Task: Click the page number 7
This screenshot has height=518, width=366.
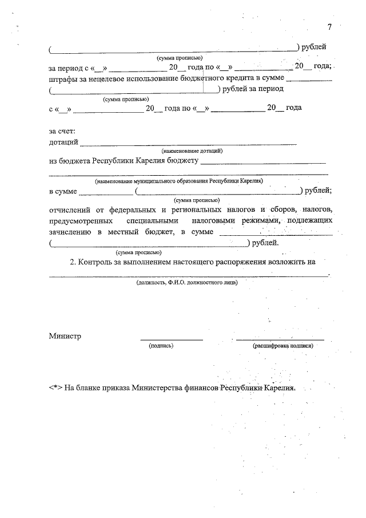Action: pyautogui.click(x=329, y=27)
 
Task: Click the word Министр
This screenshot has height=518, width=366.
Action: pyautogui.click(x=65, y=336)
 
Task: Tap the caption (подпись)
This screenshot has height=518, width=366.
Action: pyautogui.click(x=161, y=346)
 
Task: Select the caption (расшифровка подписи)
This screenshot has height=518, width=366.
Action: pyautogui.click(x=283, y=346)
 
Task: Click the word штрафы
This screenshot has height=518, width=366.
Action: pyautogui.click(x=62, y=78)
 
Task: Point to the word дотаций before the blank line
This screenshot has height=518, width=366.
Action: pyautogui.click(x=63, y=142)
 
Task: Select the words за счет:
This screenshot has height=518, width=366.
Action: pyautogui.click(x=62, y=132)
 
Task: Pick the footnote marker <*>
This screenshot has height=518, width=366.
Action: pyautogui.click(x=55, y=387)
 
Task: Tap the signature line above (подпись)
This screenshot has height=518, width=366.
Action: pyautogui.click(x=172, y=340)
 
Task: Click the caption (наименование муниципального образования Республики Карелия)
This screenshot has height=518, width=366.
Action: pyautogui.click(x=179, y=181)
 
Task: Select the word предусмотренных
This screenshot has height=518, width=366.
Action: pyautogui.click(x=79, y=221)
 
